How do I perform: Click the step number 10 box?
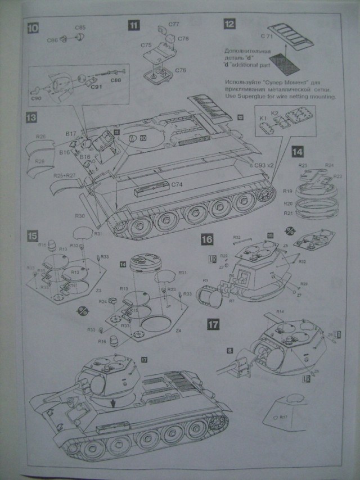[x=34, y=27]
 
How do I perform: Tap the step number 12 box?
[x=229, y=24]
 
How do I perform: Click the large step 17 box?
[x=213, y=324]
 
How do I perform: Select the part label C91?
[x=96, y=87]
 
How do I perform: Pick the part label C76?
[x=181, y=70]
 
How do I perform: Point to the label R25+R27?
[x=64, y=176]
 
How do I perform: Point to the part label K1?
[x=263, y=118]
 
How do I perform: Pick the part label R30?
[x=79, y=215]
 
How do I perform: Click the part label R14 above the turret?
[x=280, y=311]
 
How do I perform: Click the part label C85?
[x=79, y=27]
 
